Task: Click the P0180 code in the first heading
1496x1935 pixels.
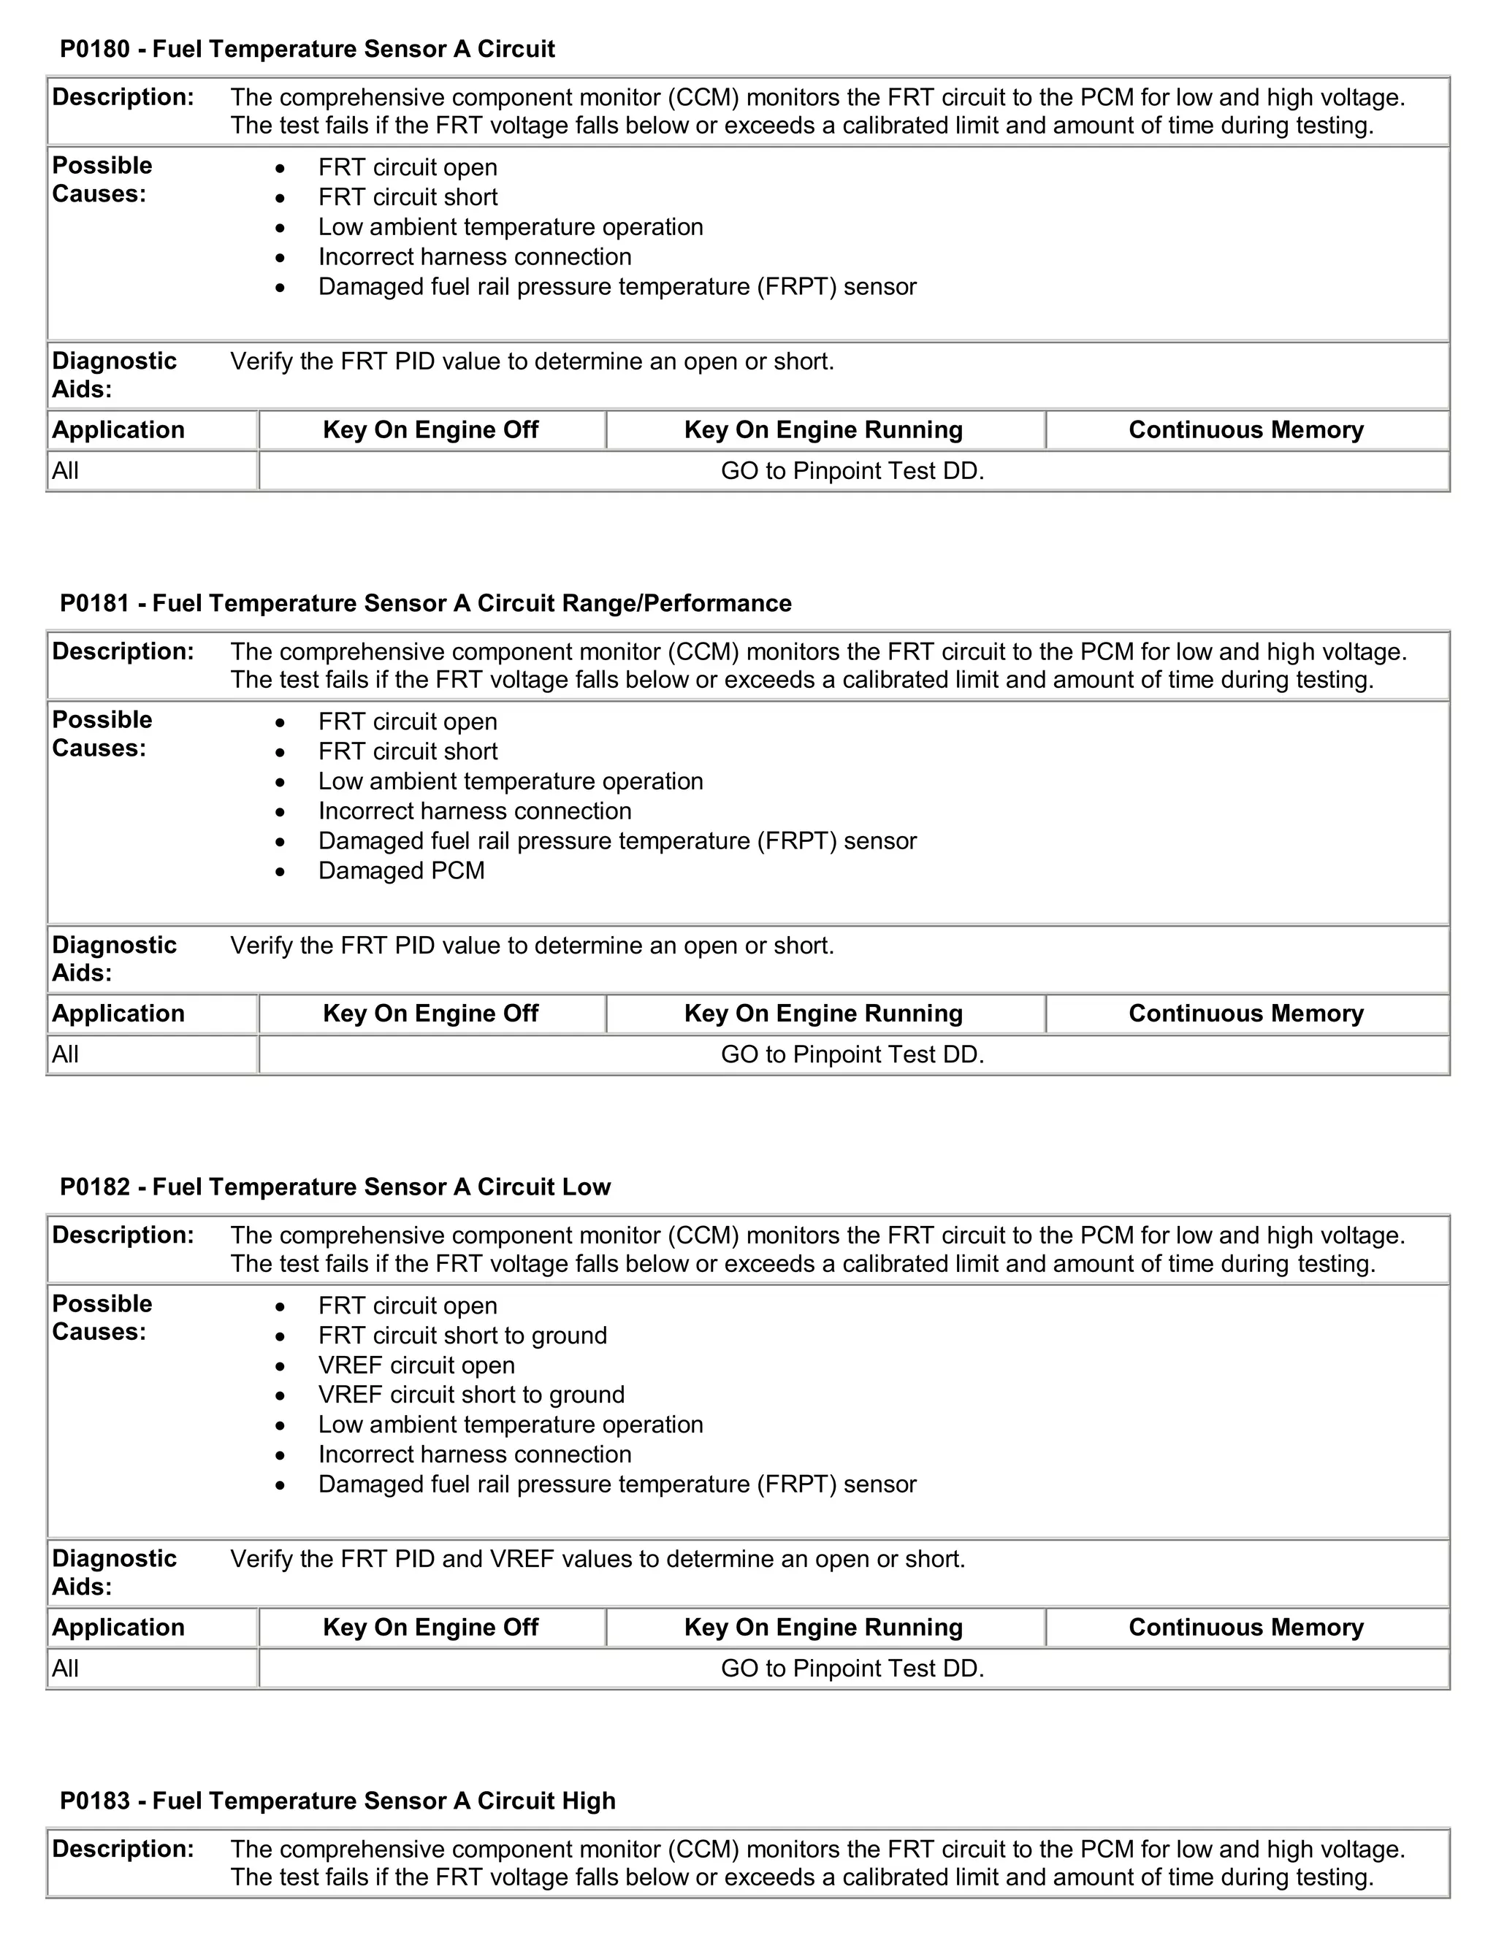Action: tap(95, 49)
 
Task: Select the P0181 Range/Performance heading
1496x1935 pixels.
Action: tap(425, 603)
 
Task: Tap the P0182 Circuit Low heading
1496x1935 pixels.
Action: tap(335, 1187)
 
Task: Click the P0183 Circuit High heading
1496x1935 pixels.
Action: tap(337, 1801)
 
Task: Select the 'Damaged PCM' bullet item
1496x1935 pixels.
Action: tap(402, 871)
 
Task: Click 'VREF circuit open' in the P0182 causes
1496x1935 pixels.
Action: tap(416, 1365)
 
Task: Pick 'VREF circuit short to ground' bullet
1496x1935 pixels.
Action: tap(471, 1395)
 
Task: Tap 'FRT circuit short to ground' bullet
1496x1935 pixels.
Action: tap(462, 1336)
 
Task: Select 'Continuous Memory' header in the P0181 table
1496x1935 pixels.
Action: tap(1245, 1014)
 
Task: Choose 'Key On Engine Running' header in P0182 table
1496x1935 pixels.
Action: tap(823, 1628)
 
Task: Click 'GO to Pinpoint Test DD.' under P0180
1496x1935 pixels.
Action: tap(852, 472)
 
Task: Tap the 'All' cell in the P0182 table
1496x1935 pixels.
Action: tap(66, 1669)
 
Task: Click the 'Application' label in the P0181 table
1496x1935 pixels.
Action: tap(118, 1014)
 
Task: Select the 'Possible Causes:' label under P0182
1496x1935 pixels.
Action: tap(102, 1317)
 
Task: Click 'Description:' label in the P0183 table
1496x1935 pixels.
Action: tap(122, 1849)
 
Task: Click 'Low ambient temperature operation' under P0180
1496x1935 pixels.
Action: tap(511, 227)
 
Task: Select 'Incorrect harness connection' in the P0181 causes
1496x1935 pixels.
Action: tap(475, 811)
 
